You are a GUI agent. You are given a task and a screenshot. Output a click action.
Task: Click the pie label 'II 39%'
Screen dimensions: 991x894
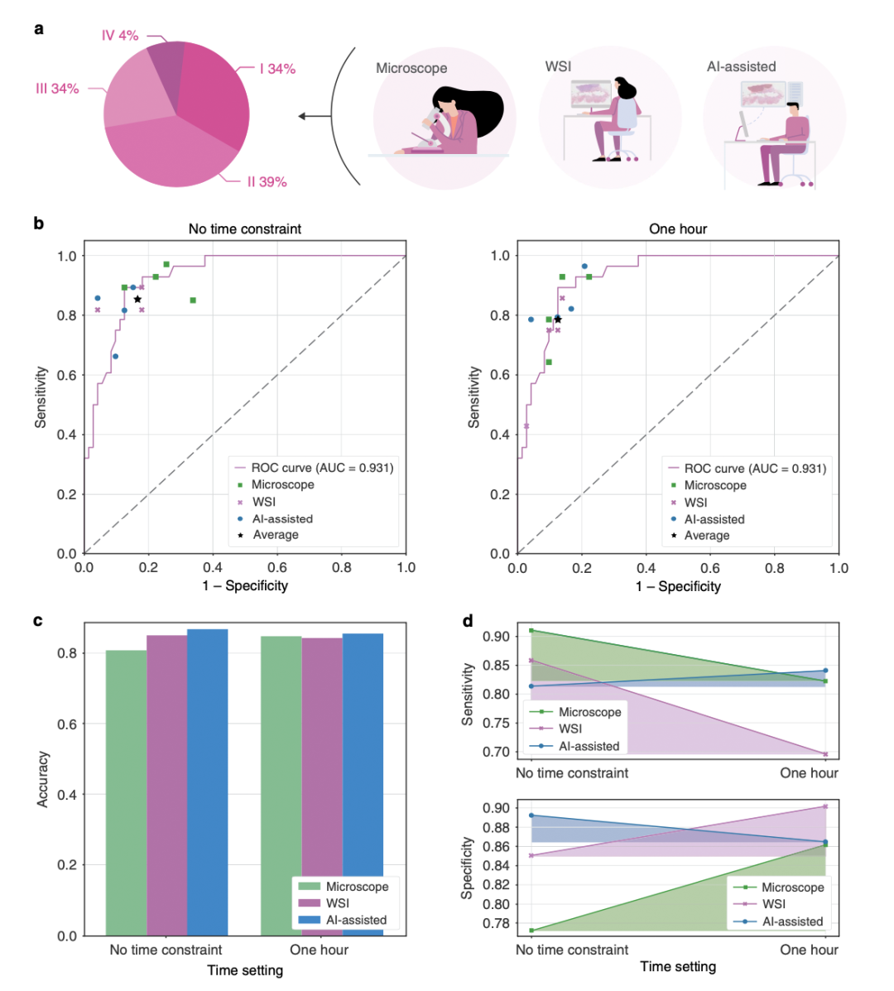click(267, 181)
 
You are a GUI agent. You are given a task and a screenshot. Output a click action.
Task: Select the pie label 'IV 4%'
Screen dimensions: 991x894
click(120, 36)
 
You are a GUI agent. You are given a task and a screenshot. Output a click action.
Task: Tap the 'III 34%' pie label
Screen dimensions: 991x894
click(57, 89)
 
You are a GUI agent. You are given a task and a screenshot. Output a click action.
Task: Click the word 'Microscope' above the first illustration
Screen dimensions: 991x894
click(411, 68)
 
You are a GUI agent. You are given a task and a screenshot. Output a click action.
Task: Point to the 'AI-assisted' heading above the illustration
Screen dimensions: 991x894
click(741, 66)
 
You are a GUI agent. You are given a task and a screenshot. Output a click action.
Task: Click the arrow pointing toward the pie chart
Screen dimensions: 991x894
click(315, 116)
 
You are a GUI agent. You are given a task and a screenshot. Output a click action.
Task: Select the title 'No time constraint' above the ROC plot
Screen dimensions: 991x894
click(245, 229)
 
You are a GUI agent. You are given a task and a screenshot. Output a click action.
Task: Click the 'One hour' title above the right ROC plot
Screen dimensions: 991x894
click(678, 229)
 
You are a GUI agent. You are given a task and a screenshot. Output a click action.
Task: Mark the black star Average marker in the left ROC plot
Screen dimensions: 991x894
click(137, 299)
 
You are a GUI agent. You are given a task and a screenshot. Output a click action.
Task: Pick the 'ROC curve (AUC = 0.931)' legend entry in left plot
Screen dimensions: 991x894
click(322, 468)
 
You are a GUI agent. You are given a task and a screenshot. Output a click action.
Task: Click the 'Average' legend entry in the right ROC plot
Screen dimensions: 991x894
click(706, 536)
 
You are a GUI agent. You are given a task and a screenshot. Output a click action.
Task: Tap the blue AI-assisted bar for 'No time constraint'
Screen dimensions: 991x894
click(208, 782)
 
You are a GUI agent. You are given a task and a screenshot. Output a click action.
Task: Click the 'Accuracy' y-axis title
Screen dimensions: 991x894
click(43, 779)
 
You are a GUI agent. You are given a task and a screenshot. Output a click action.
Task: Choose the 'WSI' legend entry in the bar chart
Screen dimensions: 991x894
click(337, 903)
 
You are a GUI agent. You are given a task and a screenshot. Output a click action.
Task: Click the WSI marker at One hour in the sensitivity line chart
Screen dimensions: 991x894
click(825, 754)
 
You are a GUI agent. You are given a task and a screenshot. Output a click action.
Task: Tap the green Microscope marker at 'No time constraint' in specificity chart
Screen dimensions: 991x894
click(531, 931)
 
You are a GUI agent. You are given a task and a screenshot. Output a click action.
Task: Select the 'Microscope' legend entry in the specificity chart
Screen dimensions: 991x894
click(792, 888)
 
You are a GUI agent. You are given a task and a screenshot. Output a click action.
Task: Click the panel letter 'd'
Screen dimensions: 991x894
click(468, 621)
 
